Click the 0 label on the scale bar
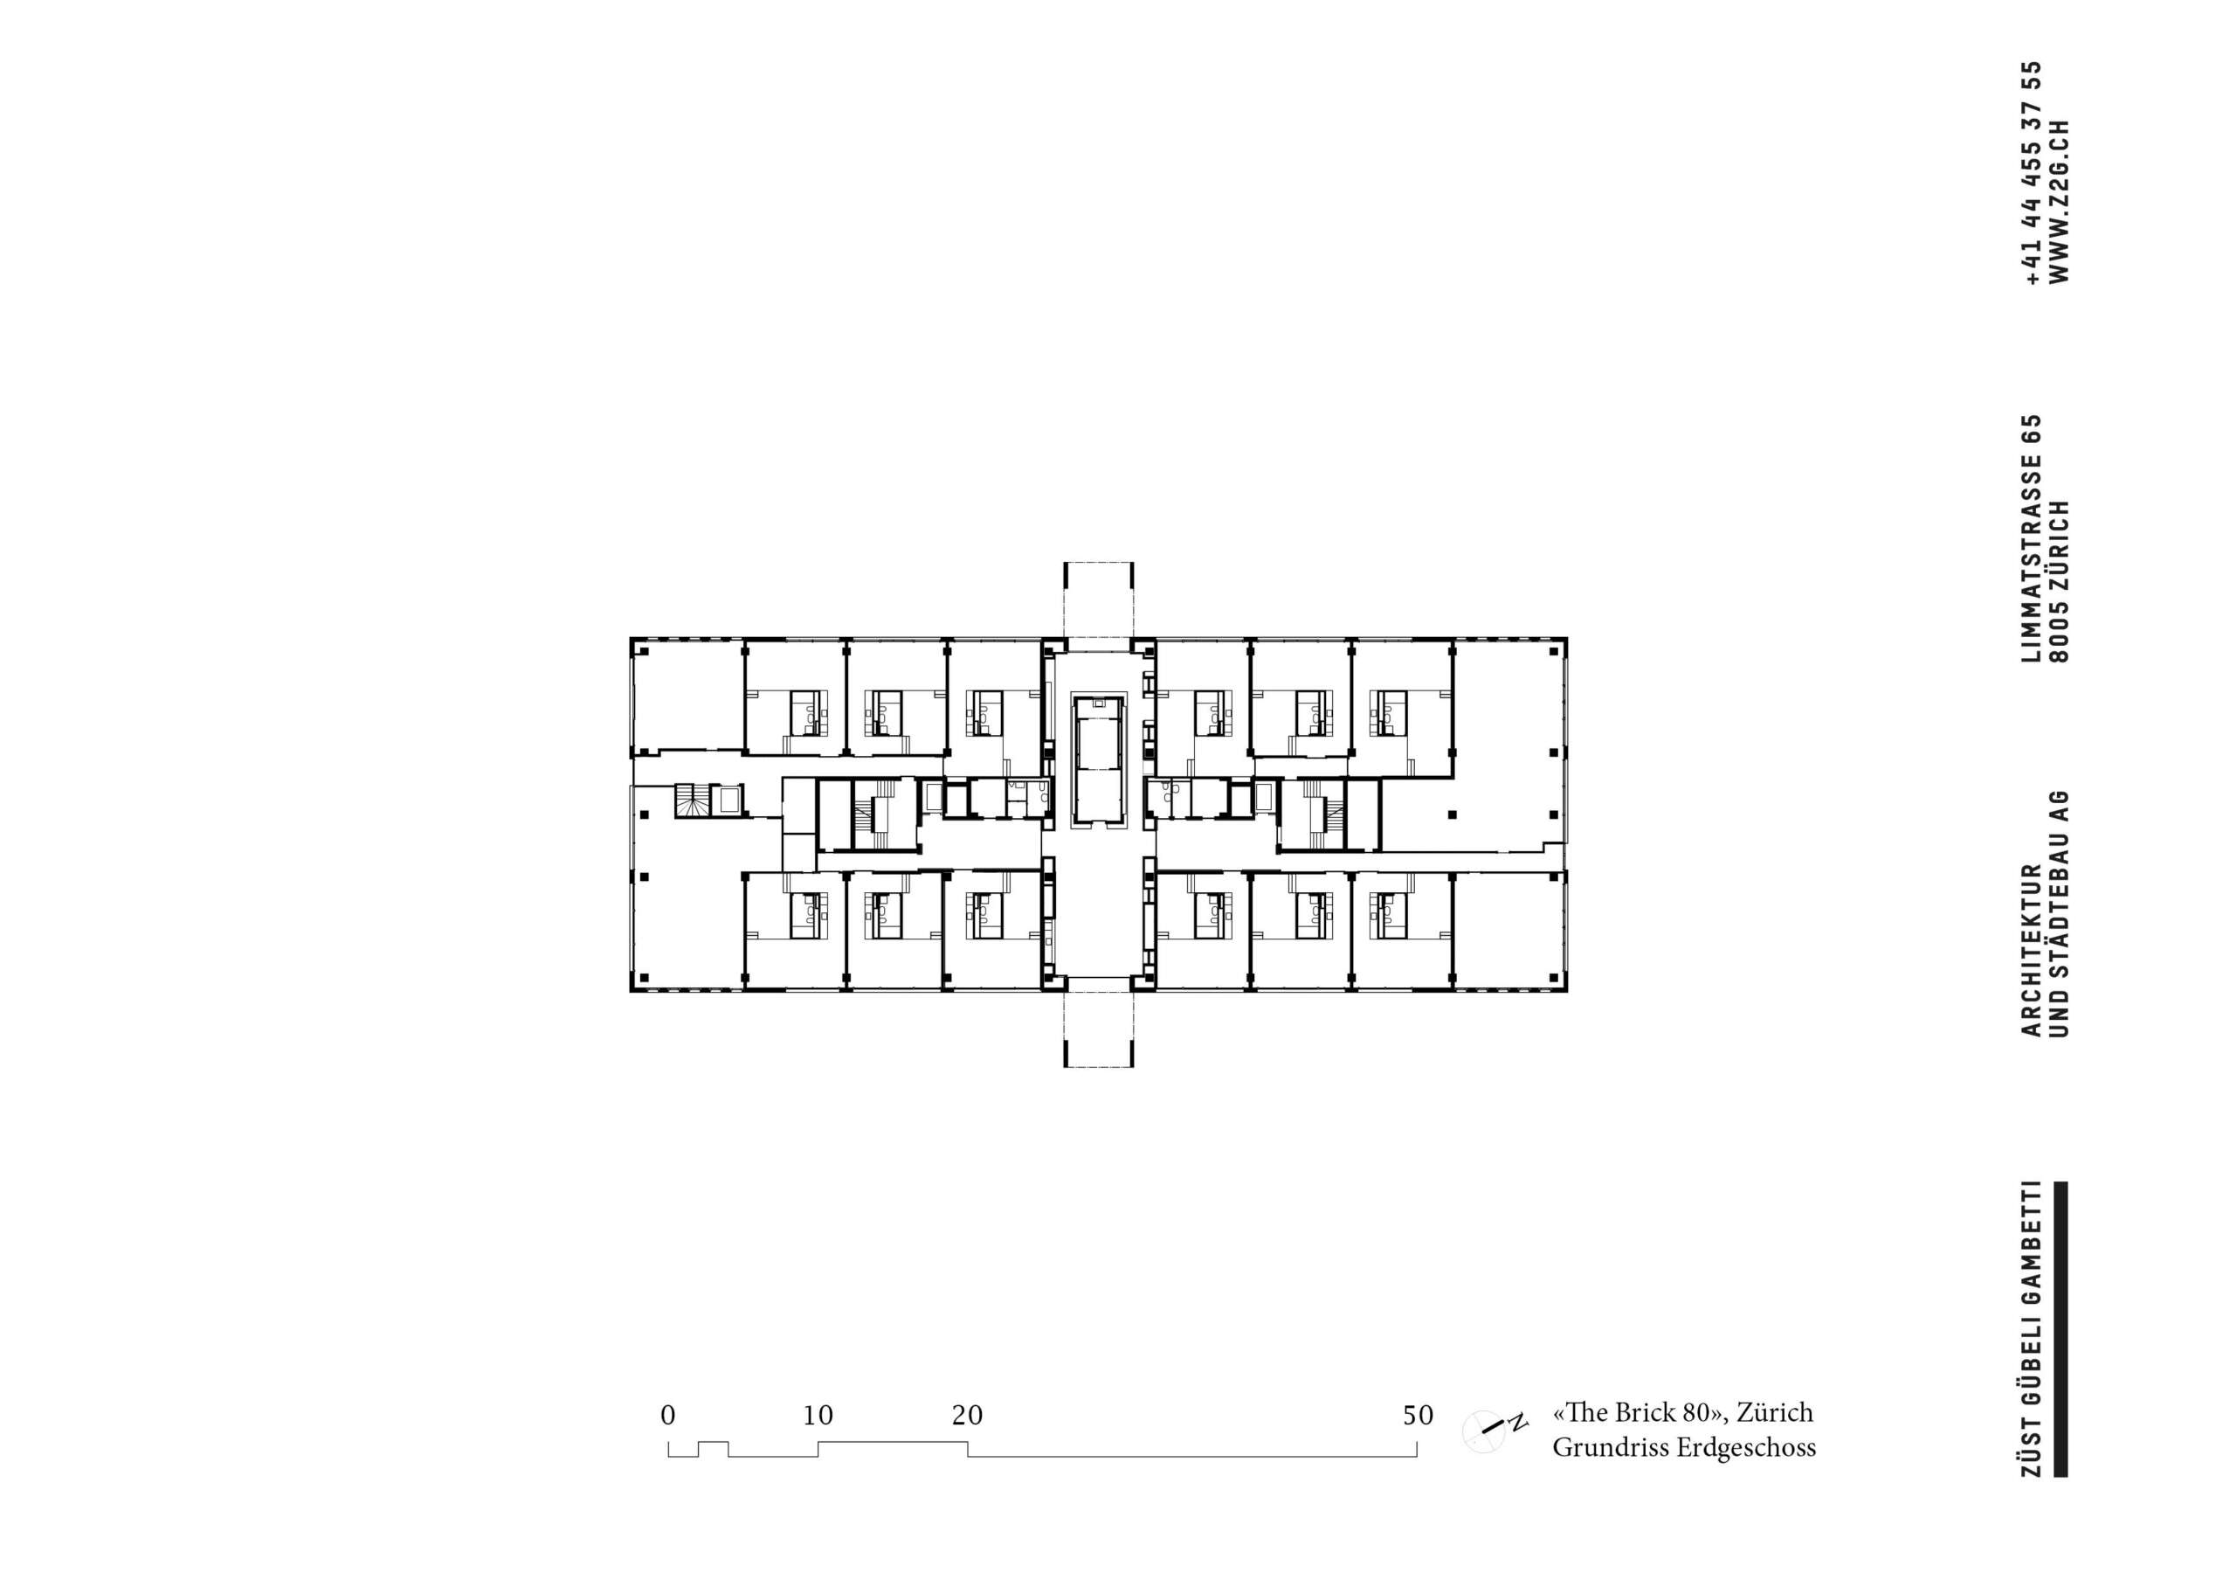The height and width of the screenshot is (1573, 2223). pyautogui.click(x=668, y=1416)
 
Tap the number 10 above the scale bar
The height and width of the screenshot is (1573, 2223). pyautogui.click(x=818, y=1416)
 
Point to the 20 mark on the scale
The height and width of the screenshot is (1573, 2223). pyautogui.click(x=967, y=1416)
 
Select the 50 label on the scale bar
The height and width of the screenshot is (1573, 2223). pyautogui.click(x=1418, y=1416)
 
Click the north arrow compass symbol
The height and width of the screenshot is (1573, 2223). pyautogui.click(x=1491, y=1427)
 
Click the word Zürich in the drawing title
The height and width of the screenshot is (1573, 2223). pyautogui.click(x=1774, y=1413)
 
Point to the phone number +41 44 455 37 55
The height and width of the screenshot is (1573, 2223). pyautogui.click(x=2033, y=172)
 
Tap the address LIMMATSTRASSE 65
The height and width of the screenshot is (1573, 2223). pyautogui.click(x=2033, y=538)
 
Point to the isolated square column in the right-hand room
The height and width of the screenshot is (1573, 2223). pyautogui.click(x=1452, y=814)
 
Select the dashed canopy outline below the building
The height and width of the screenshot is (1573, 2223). pyautogui.click(x=1098, y=1029)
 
